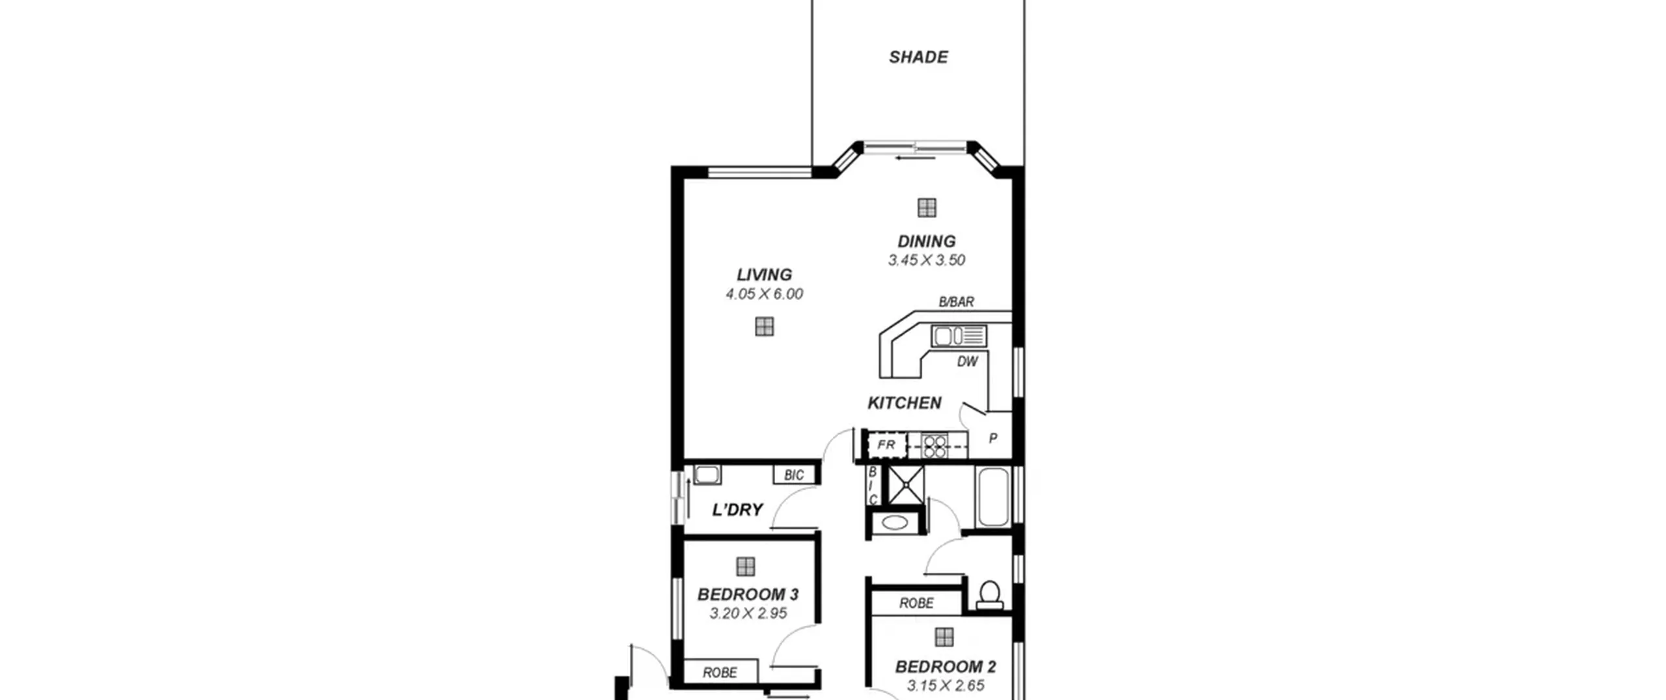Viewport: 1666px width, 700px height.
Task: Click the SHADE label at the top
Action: pos(918,57)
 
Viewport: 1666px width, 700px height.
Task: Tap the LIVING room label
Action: pos(764,275)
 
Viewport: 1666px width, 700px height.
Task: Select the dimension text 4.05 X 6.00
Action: pos(764,294)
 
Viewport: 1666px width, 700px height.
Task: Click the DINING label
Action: pos(926,242)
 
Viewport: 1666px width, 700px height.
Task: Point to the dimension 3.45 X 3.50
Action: pos(926,260)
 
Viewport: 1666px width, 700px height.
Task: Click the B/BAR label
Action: pos(956,302)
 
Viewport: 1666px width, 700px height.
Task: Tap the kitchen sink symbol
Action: pos(959,336)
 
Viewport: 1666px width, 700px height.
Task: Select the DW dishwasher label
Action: pos(967,362)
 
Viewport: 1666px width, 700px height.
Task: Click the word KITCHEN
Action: pos(904,403)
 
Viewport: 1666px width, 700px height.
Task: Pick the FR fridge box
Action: pos(886,445)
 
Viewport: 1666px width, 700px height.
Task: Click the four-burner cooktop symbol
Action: pos(935,446)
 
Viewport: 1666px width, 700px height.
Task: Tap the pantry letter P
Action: pos(993,439)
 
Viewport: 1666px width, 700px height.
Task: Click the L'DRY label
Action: pos(737,510)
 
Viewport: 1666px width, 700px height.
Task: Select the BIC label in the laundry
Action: pos(794,475)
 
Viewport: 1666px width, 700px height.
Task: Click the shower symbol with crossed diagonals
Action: pos(905,484)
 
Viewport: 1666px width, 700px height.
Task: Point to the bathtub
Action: pos(992,496)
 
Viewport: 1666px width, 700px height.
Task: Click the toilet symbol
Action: pos(989,595)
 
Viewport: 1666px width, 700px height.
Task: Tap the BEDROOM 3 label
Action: pos(748,595)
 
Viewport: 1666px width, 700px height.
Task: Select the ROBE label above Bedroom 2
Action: pos(916,604)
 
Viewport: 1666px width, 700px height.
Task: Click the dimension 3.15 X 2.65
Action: pos(945,686)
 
